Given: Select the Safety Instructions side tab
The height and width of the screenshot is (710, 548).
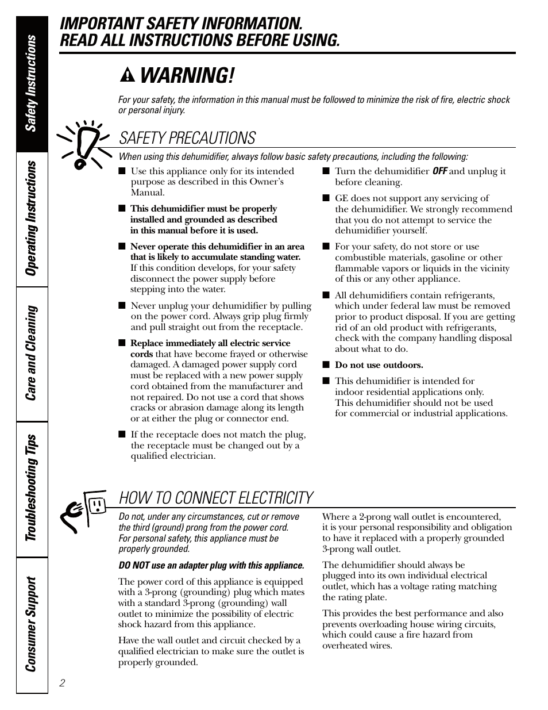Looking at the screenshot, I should tap(32, 83).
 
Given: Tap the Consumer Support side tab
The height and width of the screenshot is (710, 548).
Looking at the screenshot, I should tap(32, 624).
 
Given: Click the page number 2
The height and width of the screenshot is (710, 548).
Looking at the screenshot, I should tap(62, 683).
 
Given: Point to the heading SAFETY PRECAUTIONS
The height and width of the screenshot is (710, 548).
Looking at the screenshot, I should tap(187, 138).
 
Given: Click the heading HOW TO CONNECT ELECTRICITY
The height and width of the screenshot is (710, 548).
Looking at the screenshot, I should tap(216, 497).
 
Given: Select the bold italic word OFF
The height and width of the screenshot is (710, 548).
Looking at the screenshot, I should tap(439, 171).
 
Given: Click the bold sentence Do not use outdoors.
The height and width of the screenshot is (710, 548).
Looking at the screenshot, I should tap(379, 365).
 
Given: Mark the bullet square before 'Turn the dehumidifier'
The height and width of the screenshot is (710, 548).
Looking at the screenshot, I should tap(326, 171).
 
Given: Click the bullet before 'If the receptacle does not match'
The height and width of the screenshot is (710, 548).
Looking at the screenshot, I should tap(122, 435).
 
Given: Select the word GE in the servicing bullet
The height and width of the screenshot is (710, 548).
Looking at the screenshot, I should tap(341, 198).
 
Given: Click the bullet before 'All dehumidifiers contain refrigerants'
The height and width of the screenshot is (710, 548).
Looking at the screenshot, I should tap(326, 295).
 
